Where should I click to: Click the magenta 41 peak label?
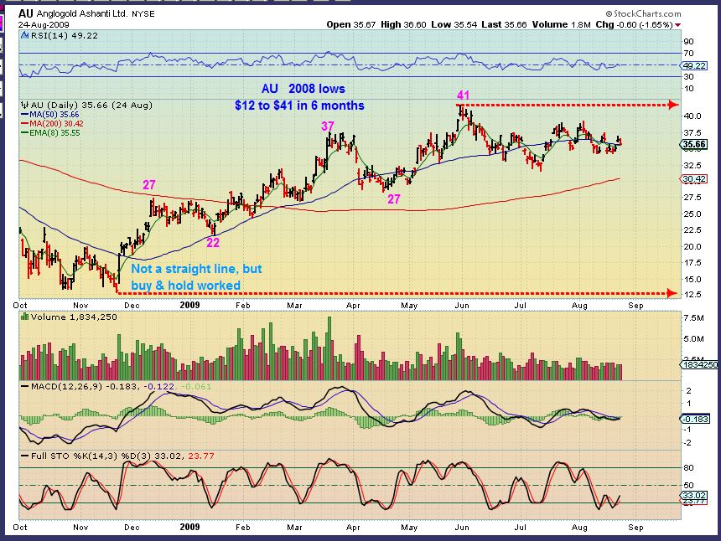[461, 96]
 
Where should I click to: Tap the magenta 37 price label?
[328, 126]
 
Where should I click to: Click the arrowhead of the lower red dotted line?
[672, 293]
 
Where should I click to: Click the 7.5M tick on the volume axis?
[692, 318]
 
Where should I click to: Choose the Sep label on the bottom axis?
[636, 306]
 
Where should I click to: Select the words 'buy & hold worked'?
[186, 285]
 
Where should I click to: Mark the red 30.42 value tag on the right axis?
[692, 178]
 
